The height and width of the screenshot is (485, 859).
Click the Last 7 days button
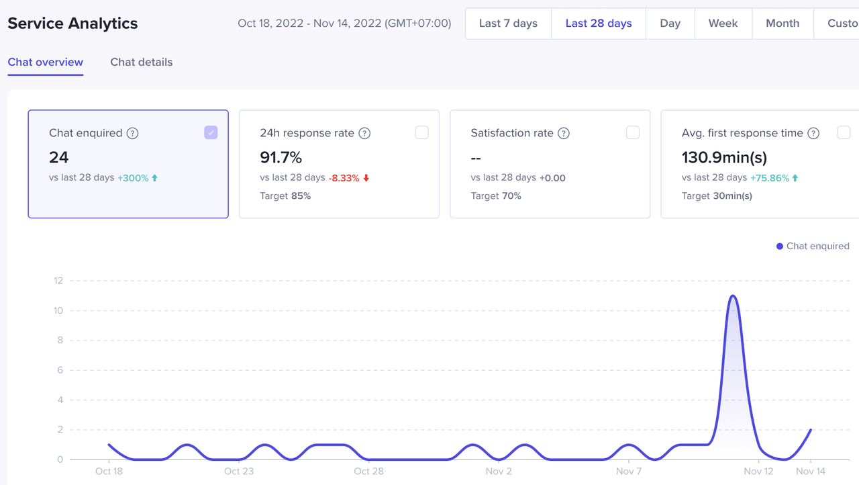pyautogui.click(x=508, y=24)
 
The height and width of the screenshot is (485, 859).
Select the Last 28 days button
pyautogui.click(x=599, y=24)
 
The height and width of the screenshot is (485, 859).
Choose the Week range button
pyautogui.click(x=723, y=24)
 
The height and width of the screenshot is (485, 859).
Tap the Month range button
pyautogui.click(x=782, y=24)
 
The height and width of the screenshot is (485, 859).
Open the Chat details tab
pyautogui.click(x=141, y=62)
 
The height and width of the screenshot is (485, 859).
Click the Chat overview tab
pyautogui.click(x=46, y=62)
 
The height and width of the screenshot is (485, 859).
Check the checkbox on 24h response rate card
pyautogui.click(x=421, y=132)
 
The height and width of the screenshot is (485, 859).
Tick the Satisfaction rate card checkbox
pyautogui.click(x=632, y=132)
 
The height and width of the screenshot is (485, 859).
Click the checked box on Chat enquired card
pyautogui.click(x=211, y=132)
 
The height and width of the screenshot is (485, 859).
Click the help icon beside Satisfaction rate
pyautogui.click(x=564, y=133)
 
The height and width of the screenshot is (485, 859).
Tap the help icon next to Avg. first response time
pyautogui.click(x=813, y=133)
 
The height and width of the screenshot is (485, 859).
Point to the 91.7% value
pyautogui.click(x=281, y=157)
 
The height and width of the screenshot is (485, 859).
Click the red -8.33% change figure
pyautogui.click(x=344, y=178)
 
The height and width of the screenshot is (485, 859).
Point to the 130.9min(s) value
pyautogui.click(x=724, y=157)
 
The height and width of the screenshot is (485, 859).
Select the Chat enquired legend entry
pyautogui.click(x=813, y=247)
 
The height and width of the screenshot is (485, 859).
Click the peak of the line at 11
pyautogui.click(x=733, y=296)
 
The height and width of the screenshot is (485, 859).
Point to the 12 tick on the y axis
pyautogui.click(x=58, y=281)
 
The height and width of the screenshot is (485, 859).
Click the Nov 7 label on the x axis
pyautogui.click(x=629, y=471)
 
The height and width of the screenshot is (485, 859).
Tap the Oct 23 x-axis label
pyautogui.click(x=239, y=471)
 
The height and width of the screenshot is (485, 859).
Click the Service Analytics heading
pyautogui.click(x=72, y=24)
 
